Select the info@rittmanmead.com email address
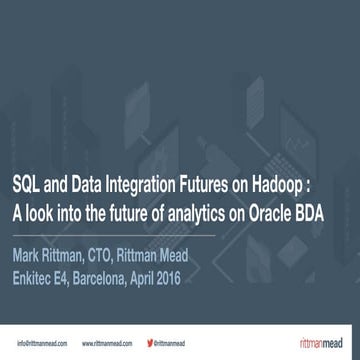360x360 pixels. [41, 343]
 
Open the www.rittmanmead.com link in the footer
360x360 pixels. [108, 343]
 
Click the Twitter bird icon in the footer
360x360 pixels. [150, 343]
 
